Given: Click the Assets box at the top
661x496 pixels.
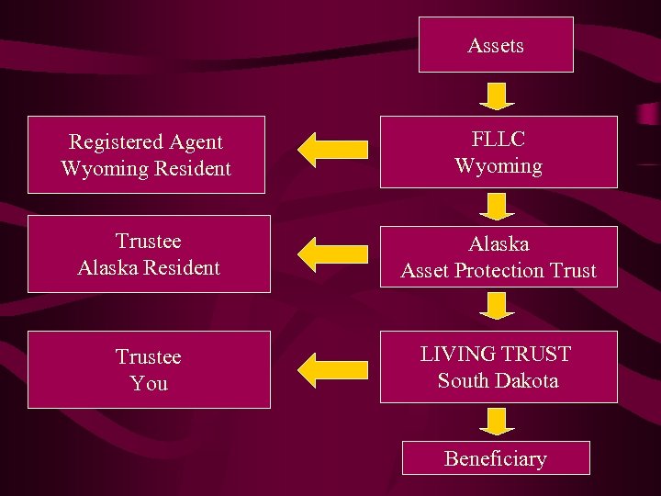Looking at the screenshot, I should coord(496,44).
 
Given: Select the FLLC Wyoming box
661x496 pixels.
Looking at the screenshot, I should coord(499,153).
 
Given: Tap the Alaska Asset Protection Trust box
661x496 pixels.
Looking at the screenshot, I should coord(499,257).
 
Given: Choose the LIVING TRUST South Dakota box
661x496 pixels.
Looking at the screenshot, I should coord(499,366).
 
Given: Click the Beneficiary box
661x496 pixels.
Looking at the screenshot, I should coord(496,458).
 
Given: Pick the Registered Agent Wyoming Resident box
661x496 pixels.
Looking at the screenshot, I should coord(146,154).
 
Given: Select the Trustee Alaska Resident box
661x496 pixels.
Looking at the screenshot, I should coord(149,254).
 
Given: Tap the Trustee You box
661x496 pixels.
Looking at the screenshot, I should coord(149,369).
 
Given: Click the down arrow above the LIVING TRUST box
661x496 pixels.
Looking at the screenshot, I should coord(498,305).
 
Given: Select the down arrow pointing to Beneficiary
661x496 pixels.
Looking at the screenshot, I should coord(497,421).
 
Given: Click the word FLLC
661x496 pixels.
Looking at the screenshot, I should coord(499,141).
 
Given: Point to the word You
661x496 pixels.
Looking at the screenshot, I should coord(149,383).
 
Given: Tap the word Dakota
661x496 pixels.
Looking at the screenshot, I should coord(524,379).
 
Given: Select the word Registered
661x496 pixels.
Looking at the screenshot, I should coord(109,142).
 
